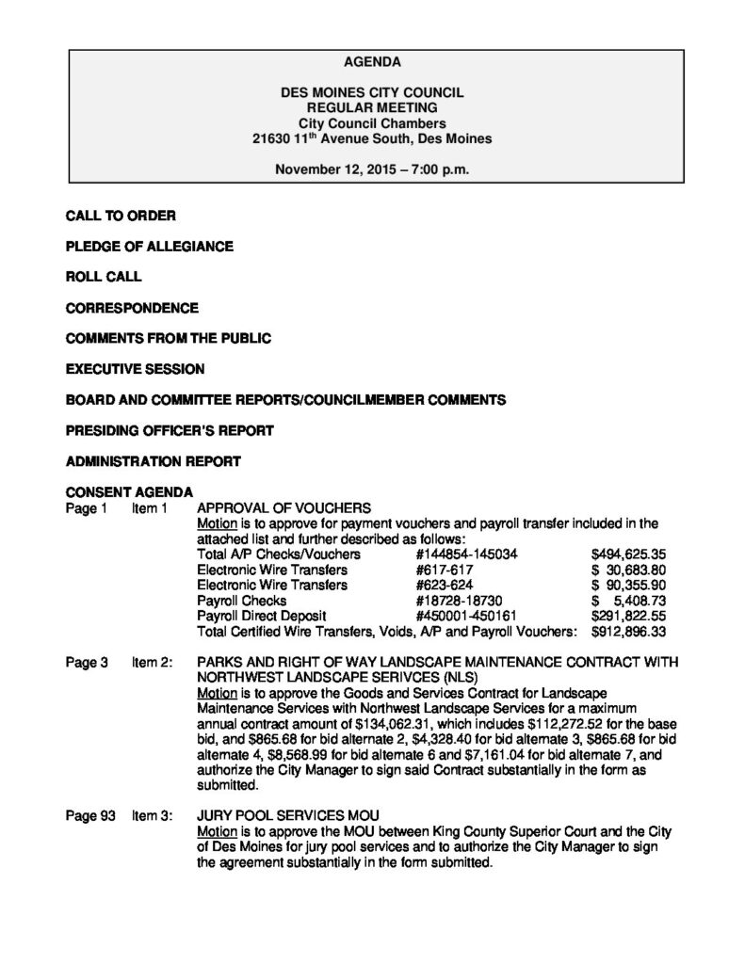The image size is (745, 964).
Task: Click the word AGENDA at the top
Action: [x=372, y=62]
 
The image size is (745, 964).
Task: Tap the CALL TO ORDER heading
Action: [x=121, y=216]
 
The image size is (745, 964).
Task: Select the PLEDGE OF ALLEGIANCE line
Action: [x=150, y=247]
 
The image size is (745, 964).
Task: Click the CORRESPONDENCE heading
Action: [x=132, y=308]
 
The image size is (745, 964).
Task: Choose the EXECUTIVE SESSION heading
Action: [x=135, y=369]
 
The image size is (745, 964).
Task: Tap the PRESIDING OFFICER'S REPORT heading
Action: [x=170, y=431]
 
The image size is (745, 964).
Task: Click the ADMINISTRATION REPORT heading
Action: [x=153, y=461]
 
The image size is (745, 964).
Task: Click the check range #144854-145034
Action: [x=466, y=554]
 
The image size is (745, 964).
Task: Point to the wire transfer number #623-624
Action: [x=441, y=585]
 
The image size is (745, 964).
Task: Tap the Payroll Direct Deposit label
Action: [x=258, y=615]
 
